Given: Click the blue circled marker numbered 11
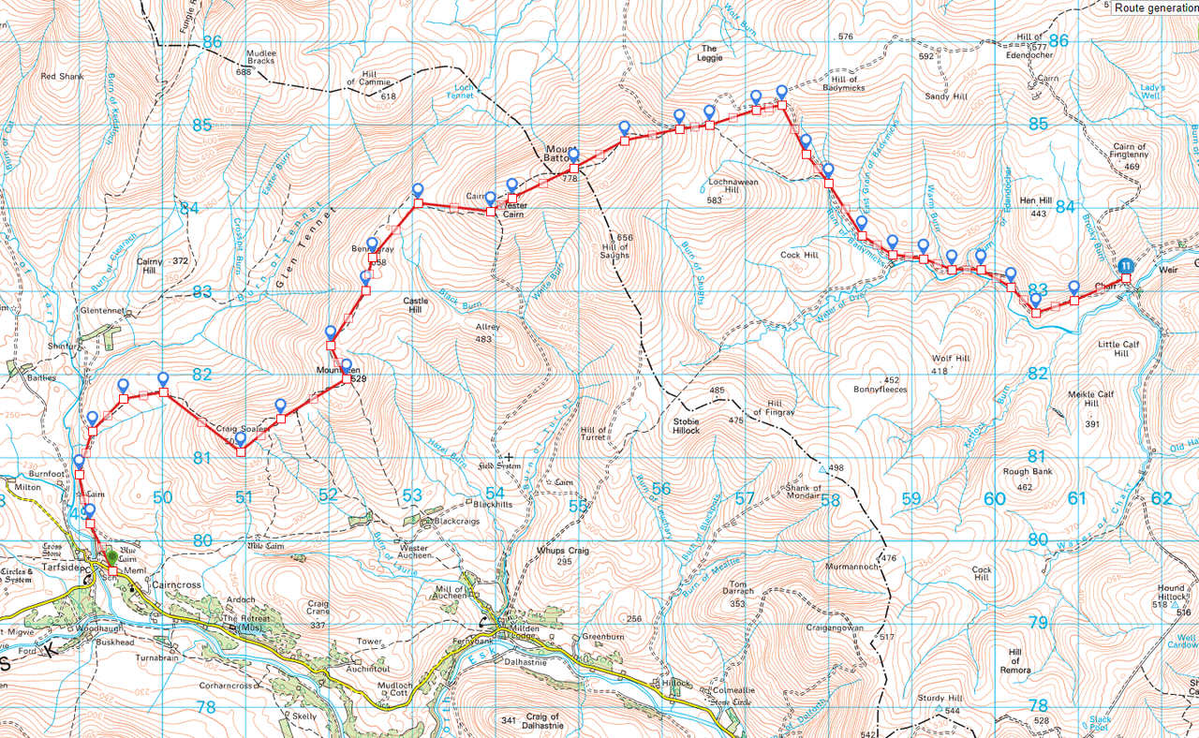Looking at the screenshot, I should (x=1126, y=266).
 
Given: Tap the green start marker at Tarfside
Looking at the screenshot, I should (x=112, y=556).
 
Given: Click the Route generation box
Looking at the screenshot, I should (x=1153, y=7).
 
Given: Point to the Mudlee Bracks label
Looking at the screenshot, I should (x=261, y=58).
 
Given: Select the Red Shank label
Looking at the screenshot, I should (x=62, y=76).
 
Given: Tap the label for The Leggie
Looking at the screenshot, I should (x=709, y=53).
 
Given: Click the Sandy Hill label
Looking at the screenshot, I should (x=945, y=96).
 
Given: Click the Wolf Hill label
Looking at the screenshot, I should (x=951, y=359).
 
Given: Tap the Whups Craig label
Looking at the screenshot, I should (x=562, y=551).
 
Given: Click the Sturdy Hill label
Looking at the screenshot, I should (x=940, y=698).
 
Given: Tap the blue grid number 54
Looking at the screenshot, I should (x=495, y=494).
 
